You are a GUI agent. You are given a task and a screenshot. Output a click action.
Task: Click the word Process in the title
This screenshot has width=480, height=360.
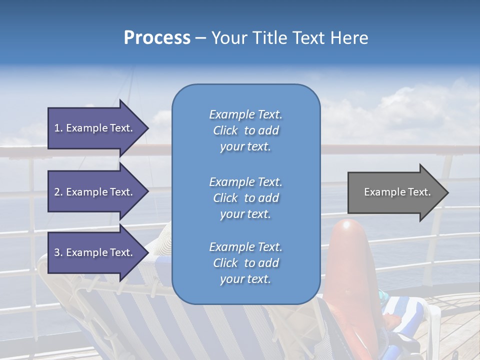tap(157, 38)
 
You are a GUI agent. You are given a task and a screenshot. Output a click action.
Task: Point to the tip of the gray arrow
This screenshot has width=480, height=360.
tap(447, 192)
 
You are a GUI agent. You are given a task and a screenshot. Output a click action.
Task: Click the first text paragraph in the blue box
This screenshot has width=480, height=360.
tap(245, 130)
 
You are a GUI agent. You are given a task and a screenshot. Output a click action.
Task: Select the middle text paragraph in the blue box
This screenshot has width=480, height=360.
tap(245, 198)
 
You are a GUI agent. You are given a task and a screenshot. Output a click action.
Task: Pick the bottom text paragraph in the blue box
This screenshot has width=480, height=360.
tap(245, 263)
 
